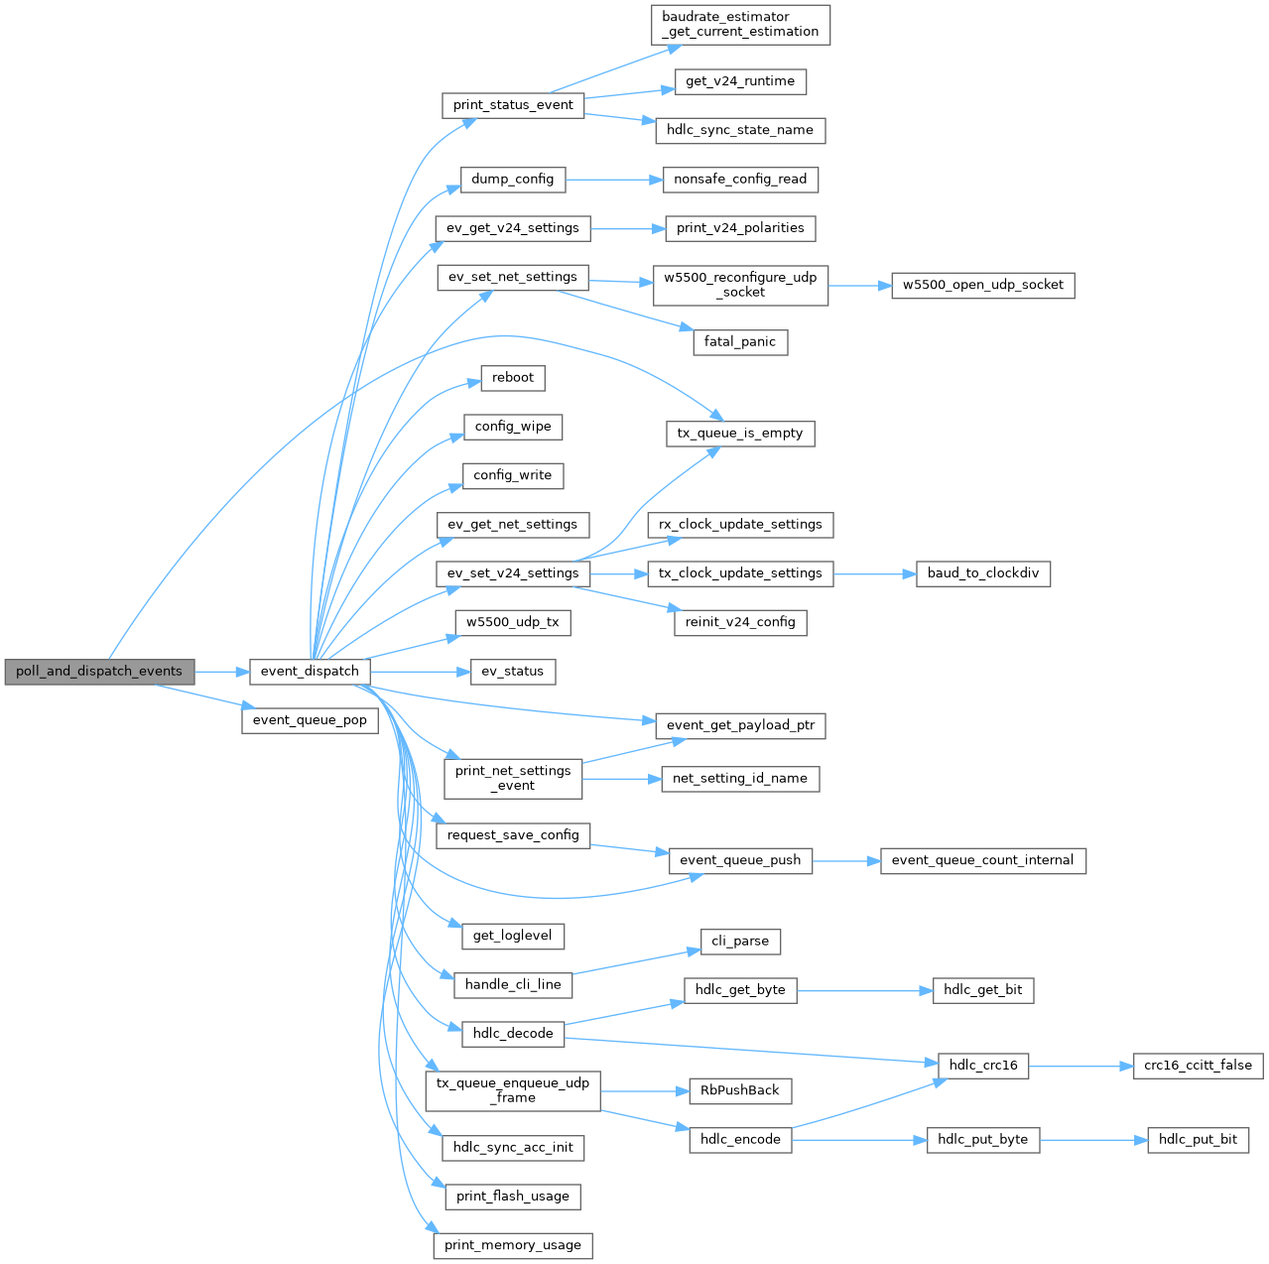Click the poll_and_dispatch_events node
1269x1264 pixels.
(99, 672)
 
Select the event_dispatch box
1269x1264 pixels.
(310, 672)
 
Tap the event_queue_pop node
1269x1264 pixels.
(310, 720)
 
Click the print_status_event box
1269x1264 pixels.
(513, 105)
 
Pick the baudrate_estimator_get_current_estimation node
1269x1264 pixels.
(740, 25)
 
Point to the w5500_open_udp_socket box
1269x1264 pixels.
(982, 285)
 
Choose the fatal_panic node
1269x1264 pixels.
(740, 342)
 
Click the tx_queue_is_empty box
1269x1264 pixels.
(740, 434)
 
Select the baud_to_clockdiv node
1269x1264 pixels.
(982, 573)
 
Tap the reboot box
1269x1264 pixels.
(513, 378)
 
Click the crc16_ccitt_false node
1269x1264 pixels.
(1198, 1066)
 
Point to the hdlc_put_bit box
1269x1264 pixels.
(1198, 1140)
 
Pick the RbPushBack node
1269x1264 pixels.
(740, 1090)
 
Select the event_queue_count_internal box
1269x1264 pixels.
(982, 860)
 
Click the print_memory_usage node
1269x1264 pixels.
(513, 1245)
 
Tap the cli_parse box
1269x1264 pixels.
(740, 942)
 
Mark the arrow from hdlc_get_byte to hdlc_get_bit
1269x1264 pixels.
(864, 990)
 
